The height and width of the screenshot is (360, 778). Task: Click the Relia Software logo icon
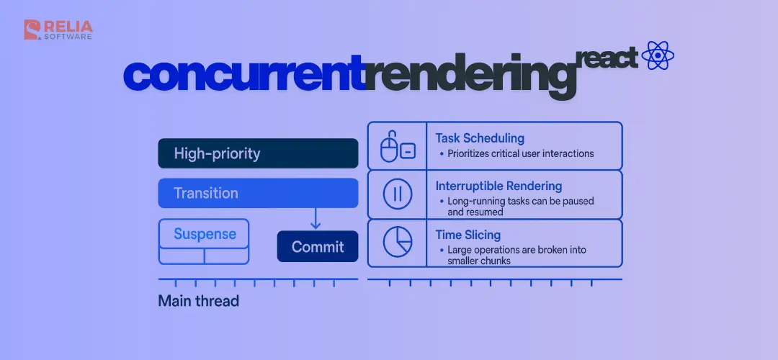pos(32,30)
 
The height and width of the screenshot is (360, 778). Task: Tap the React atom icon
pos(658,55)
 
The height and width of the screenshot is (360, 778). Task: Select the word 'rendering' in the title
pos(471,77)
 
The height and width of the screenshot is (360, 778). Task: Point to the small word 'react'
pos(607,58)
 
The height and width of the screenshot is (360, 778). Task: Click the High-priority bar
pos(258,153)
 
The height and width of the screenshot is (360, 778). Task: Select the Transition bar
pos(258,193)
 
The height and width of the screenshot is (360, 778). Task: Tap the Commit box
pos(318,246)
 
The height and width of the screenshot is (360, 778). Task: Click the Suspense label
pos(205,233)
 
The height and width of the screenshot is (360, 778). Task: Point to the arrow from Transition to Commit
pos(315,218)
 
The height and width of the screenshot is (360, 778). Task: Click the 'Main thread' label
pos(199,301)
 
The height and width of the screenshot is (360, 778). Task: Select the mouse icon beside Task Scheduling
pos(398,147)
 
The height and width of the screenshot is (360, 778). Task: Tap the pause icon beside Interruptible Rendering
pos(398,194)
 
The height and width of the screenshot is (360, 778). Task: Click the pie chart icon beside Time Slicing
pos(398,242)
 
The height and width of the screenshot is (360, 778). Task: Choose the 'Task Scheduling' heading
pos(480,138)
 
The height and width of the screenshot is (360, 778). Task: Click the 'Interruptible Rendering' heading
pos(498,186)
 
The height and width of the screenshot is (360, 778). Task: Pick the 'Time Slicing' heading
pos(468,235)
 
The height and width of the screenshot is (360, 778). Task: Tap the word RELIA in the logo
pos(68,26)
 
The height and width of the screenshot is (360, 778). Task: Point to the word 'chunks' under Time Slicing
pos(493,261)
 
